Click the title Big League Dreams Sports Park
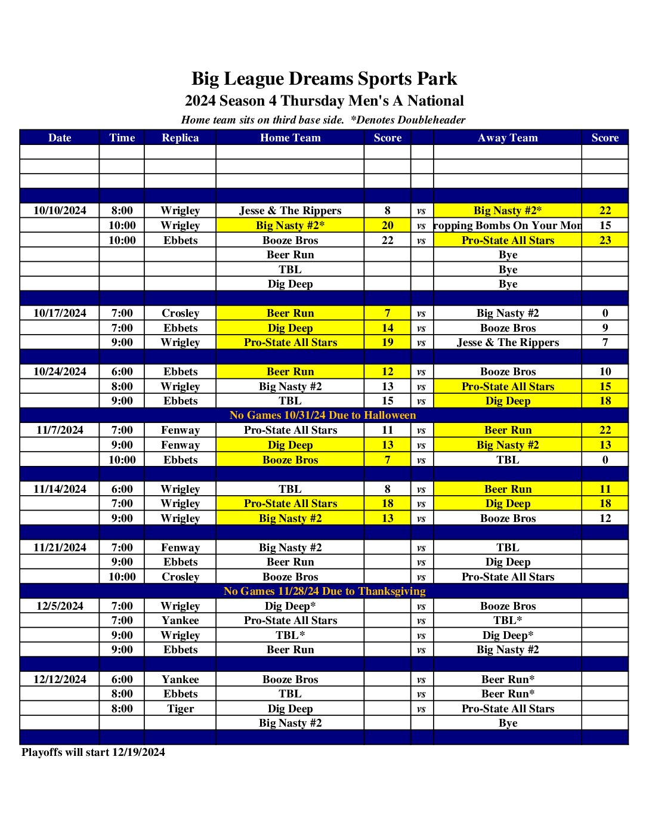[x=324, y=79]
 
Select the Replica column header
[x=180, y=138]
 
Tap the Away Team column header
[x=508, y=138]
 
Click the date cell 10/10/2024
[x=60, y=211]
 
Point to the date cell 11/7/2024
[x=60, y=430]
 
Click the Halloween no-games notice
[x=323, y=415]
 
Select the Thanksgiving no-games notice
[x=324, y=591]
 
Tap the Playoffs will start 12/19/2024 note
[x=93, y=752]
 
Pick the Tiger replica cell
[x=180, y=709]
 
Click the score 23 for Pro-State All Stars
[x=605, y=240]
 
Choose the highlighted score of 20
[x=388, y=226]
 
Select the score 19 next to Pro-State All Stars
[x=388, y=342]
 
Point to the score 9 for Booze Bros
[x=605, y=328]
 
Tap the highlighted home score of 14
[x=388, y=328]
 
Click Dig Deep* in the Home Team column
[x=290, y=606]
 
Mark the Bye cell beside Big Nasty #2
[x=508, y=723]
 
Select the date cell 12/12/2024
[x=60, y=680]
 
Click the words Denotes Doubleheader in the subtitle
[x=411, y=120]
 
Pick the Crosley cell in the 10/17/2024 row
[x=180, y=313]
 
